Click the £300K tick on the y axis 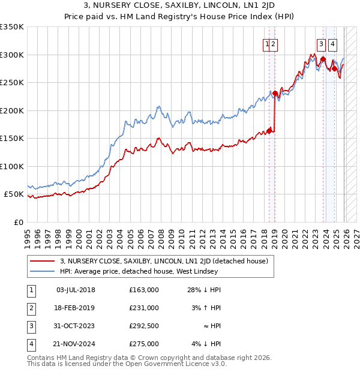pos(12,55)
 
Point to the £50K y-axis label pos(12,194)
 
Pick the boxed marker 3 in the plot pos(322,43)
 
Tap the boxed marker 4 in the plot pos(332,43)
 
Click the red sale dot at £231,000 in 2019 pos(275,93)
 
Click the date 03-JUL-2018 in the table pos(76,290)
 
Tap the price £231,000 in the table pos(143,308)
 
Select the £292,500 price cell pos(143,326)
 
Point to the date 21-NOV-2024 pos(76,344)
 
